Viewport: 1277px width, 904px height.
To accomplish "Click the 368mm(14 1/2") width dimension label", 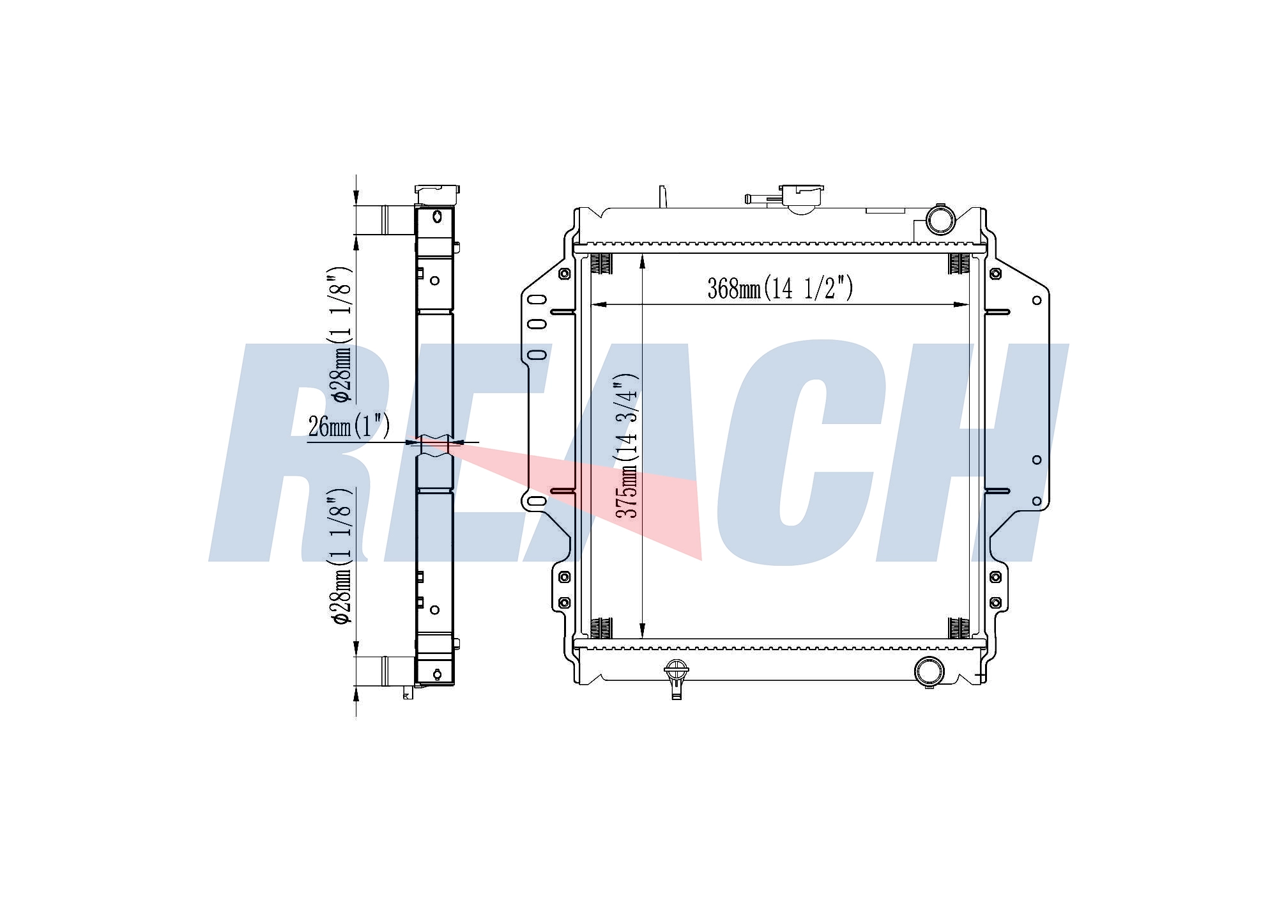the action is click(x=780, y=288).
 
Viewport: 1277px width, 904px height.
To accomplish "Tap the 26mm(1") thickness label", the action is click(x=349, y=426).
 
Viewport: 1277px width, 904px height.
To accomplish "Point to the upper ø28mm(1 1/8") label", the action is click(x=340, y=335).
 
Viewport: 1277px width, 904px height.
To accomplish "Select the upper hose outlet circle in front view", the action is click(x=940, y=219).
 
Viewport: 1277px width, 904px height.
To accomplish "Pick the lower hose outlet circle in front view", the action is click(x=929, y=671).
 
